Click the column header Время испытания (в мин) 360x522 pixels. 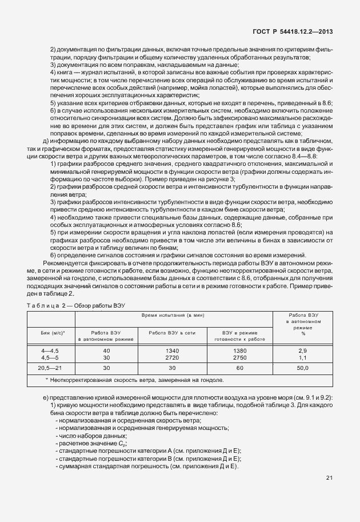[174, 316]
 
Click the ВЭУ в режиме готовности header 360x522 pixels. [239, 335]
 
